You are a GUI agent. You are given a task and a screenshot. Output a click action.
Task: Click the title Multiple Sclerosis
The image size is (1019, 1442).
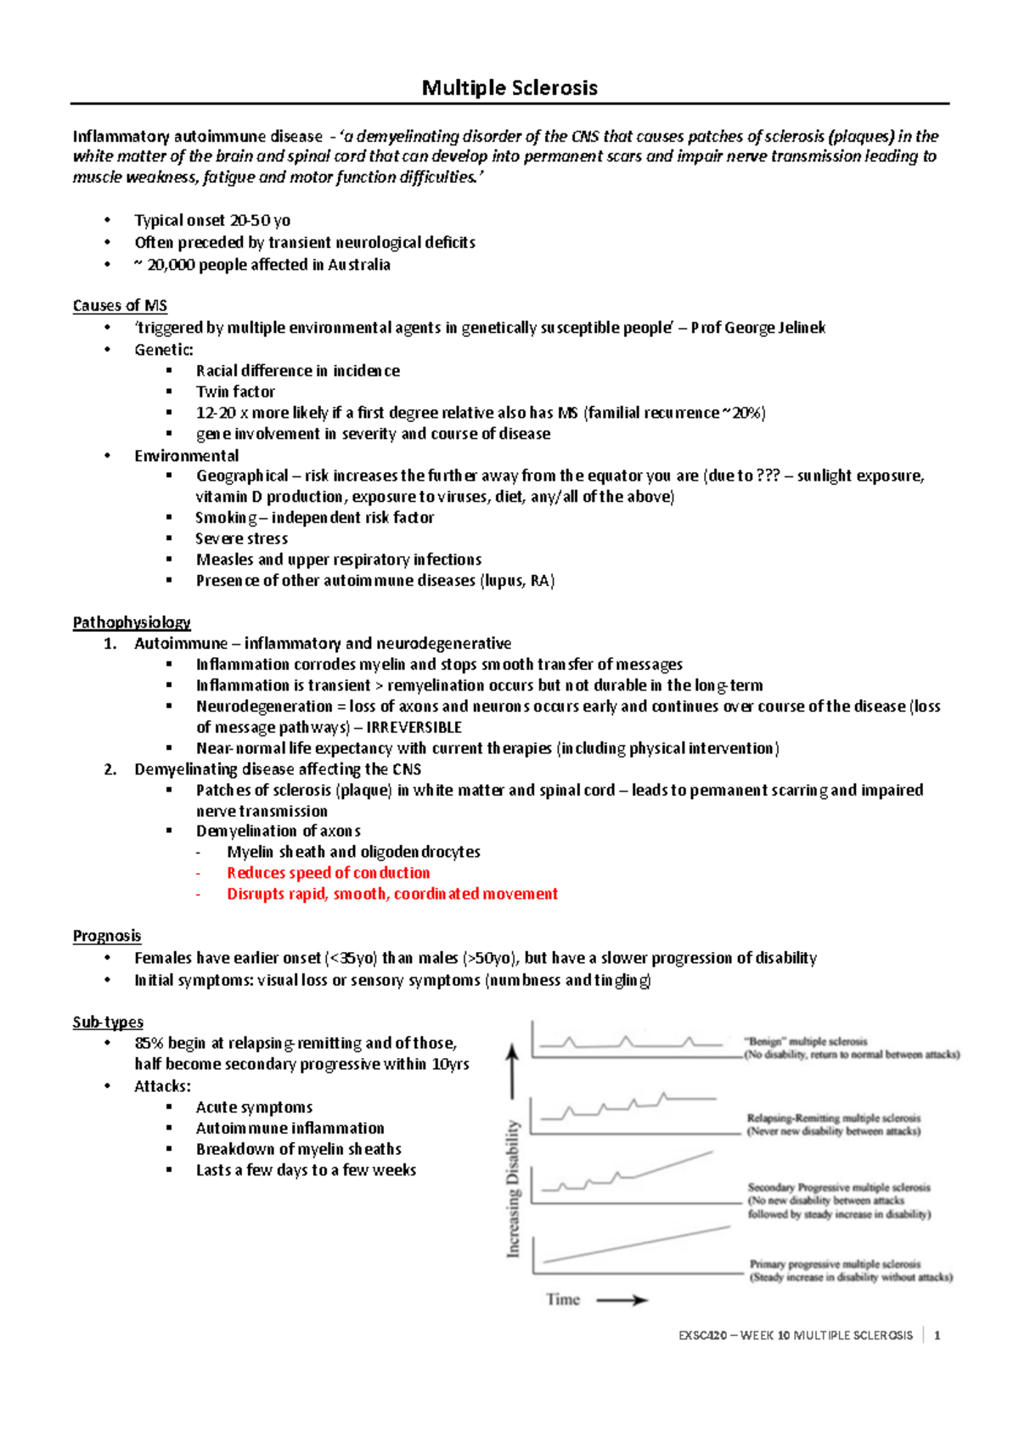tap(509, 87)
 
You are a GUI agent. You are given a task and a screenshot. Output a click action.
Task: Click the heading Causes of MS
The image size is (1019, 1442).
tap(120, 306)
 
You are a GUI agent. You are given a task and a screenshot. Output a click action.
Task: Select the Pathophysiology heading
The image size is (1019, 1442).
tap(132, 622)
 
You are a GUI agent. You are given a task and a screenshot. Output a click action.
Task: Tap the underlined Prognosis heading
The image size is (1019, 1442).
tap(107, 936)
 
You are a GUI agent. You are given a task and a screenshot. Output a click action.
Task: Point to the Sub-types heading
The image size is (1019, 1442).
tap(108, 1022)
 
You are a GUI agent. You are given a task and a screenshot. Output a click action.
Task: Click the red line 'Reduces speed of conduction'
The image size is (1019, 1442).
tap(328, 873)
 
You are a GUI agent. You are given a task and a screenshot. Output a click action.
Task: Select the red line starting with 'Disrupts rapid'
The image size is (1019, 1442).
tap(391, 894)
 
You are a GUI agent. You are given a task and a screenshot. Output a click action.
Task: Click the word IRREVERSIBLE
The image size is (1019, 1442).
tap(414, 728)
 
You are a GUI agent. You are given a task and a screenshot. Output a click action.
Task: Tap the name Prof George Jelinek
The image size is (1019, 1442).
tap(757, 328)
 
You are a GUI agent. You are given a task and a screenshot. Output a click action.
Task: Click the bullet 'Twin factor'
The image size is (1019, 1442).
tap(235, 391)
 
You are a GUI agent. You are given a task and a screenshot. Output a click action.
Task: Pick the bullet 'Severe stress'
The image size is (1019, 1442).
tap(241, 538)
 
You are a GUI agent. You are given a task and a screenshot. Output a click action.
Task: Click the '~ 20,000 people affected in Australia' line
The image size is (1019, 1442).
tap(262, 265)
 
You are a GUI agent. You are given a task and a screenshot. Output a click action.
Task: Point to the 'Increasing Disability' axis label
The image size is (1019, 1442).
tap(513, 1188)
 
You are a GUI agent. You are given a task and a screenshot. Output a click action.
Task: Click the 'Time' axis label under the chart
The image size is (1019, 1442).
tap(562, 1299)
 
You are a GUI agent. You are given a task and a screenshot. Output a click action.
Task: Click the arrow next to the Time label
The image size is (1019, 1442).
tap(622, 1300)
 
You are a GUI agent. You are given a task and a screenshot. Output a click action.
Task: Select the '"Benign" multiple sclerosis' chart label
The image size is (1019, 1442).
tap(805, 1041)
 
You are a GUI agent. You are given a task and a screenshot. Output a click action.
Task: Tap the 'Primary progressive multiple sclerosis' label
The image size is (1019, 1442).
tap(835, 1264)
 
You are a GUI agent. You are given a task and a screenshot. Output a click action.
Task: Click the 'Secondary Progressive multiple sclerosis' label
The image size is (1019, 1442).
tap(839, 1187)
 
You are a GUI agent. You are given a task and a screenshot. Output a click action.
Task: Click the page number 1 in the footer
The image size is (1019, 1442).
tap(937, 1336)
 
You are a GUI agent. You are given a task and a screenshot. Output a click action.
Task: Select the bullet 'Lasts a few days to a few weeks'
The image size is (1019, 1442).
tap(306, 1170)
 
